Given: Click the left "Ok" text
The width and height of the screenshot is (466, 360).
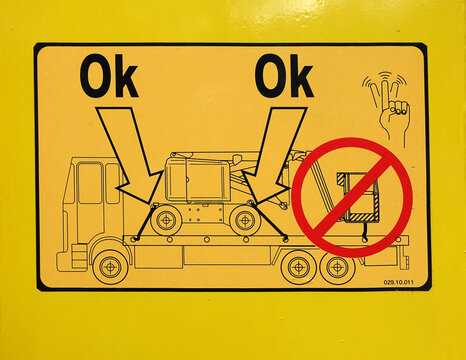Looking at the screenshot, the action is pyautogui.click(x=109, y=76).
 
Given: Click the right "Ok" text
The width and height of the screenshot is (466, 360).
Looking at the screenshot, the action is pyautogui.click(x=284, y=76).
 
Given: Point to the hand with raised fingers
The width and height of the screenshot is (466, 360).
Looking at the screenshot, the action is pyautogui.click(x=388, y=107).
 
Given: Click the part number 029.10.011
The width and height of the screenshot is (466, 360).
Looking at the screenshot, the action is pyautogui.click(x=398, y=282).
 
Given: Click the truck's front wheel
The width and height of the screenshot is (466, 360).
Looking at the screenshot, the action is pyautogui.click(x=110, y=266).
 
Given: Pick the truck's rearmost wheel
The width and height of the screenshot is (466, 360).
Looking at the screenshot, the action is pyautogui.click(x=337, y=267).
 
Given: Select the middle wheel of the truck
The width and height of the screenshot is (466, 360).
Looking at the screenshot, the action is pyautogui.click(x=298, y=267).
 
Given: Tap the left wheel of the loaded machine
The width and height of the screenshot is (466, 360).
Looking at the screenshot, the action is pyautogui.click(x=166, y=220).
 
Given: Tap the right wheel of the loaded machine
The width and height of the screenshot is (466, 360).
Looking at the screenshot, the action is pyautogui.click(x=245, y=220).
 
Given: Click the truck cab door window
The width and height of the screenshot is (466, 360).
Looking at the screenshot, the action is pyautogui.click(x=89, y=182).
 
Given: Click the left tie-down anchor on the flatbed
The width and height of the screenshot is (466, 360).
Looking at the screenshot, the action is pyautogui.click(x=135, y=238).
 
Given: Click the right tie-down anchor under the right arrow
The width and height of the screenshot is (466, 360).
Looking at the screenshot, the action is pyautogui.click(x=285, y=238).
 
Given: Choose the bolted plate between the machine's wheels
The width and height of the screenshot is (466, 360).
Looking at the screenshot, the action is pyautogui.click(x=205, y=214).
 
